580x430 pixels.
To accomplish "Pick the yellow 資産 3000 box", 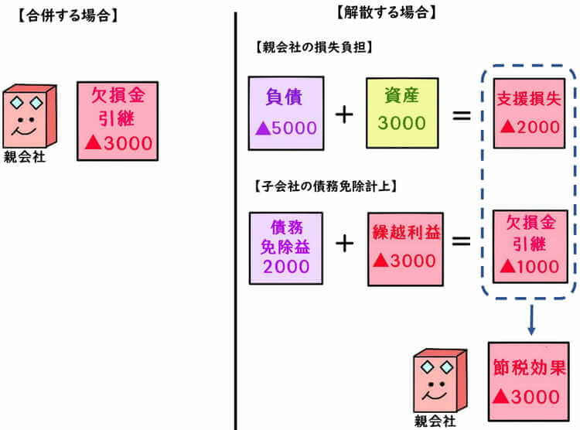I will pyautogui.click(x=400, y=111).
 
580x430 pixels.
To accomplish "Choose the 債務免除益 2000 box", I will pyautogui.click(x=285, y=247).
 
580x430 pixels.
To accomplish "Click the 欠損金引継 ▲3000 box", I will pyautogui.click(x=118, y=121).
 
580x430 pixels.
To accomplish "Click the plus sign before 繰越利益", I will pyautogui.click(x=343, y=243).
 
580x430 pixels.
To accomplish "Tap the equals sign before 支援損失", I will pyautogui.click(x=462, y=114).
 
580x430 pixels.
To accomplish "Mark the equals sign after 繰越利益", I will pyautogui.click(x=462, y=242).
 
